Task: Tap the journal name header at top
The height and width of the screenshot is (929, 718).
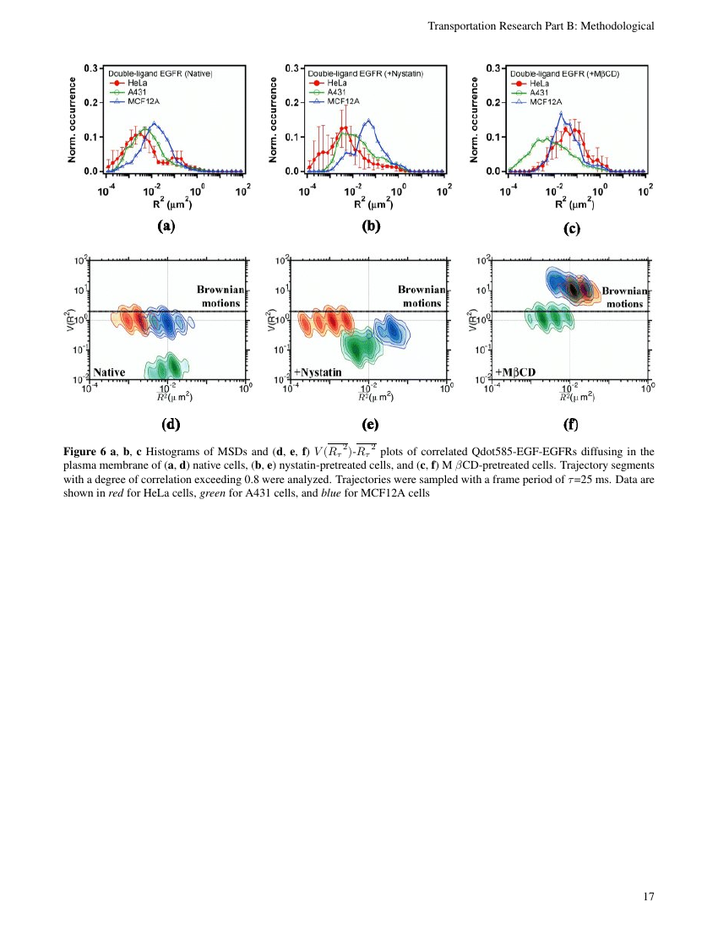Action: click(541, 26)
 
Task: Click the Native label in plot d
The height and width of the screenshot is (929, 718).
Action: click(110, 371)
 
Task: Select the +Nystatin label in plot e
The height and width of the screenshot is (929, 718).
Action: click(318, 371)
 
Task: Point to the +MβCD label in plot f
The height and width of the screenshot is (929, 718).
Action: click(516, 371)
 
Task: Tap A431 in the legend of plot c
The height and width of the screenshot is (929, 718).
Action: click(541, 92)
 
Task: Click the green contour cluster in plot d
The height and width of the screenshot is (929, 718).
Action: click(166, 364)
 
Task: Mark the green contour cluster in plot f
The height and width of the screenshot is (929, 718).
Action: click(547, 318)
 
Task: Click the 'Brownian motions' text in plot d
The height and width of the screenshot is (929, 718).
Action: click(220, 296)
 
